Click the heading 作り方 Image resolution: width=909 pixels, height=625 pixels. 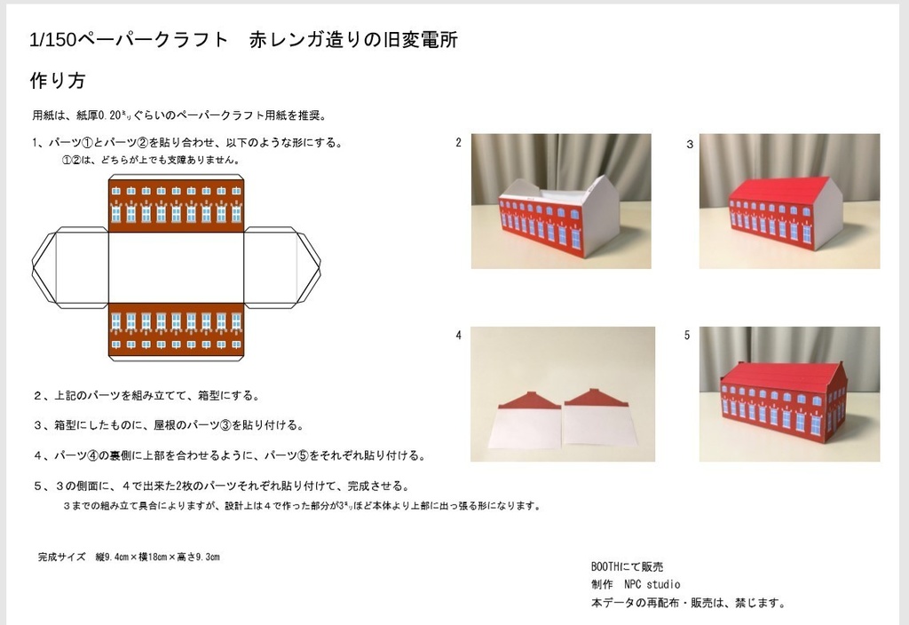[58, 81]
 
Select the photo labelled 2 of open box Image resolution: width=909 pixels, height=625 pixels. [560, 201]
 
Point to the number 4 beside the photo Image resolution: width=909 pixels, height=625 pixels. [458, 336]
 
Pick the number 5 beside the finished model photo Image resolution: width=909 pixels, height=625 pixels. [687, 336]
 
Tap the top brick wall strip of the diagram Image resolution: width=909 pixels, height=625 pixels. [176, 202]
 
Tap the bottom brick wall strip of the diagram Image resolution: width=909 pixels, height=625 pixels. [176, 331]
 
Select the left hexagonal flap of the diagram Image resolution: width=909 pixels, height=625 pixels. [69, 267]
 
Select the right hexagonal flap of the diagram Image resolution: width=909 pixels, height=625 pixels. [282, 267]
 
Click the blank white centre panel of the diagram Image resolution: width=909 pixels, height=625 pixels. [176, 267]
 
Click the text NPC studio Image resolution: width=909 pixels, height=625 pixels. [652, 584]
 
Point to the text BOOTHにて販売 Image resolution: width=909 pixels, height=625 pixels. [627, 566]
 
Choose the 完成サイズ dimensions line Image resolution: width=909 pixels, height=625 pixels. [129, 558]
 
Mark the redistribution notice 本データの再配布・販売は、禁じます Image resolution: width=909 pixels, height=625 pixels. [688, 603]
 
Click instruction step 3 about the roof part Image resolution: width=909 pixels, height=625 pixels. [169, 425]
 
